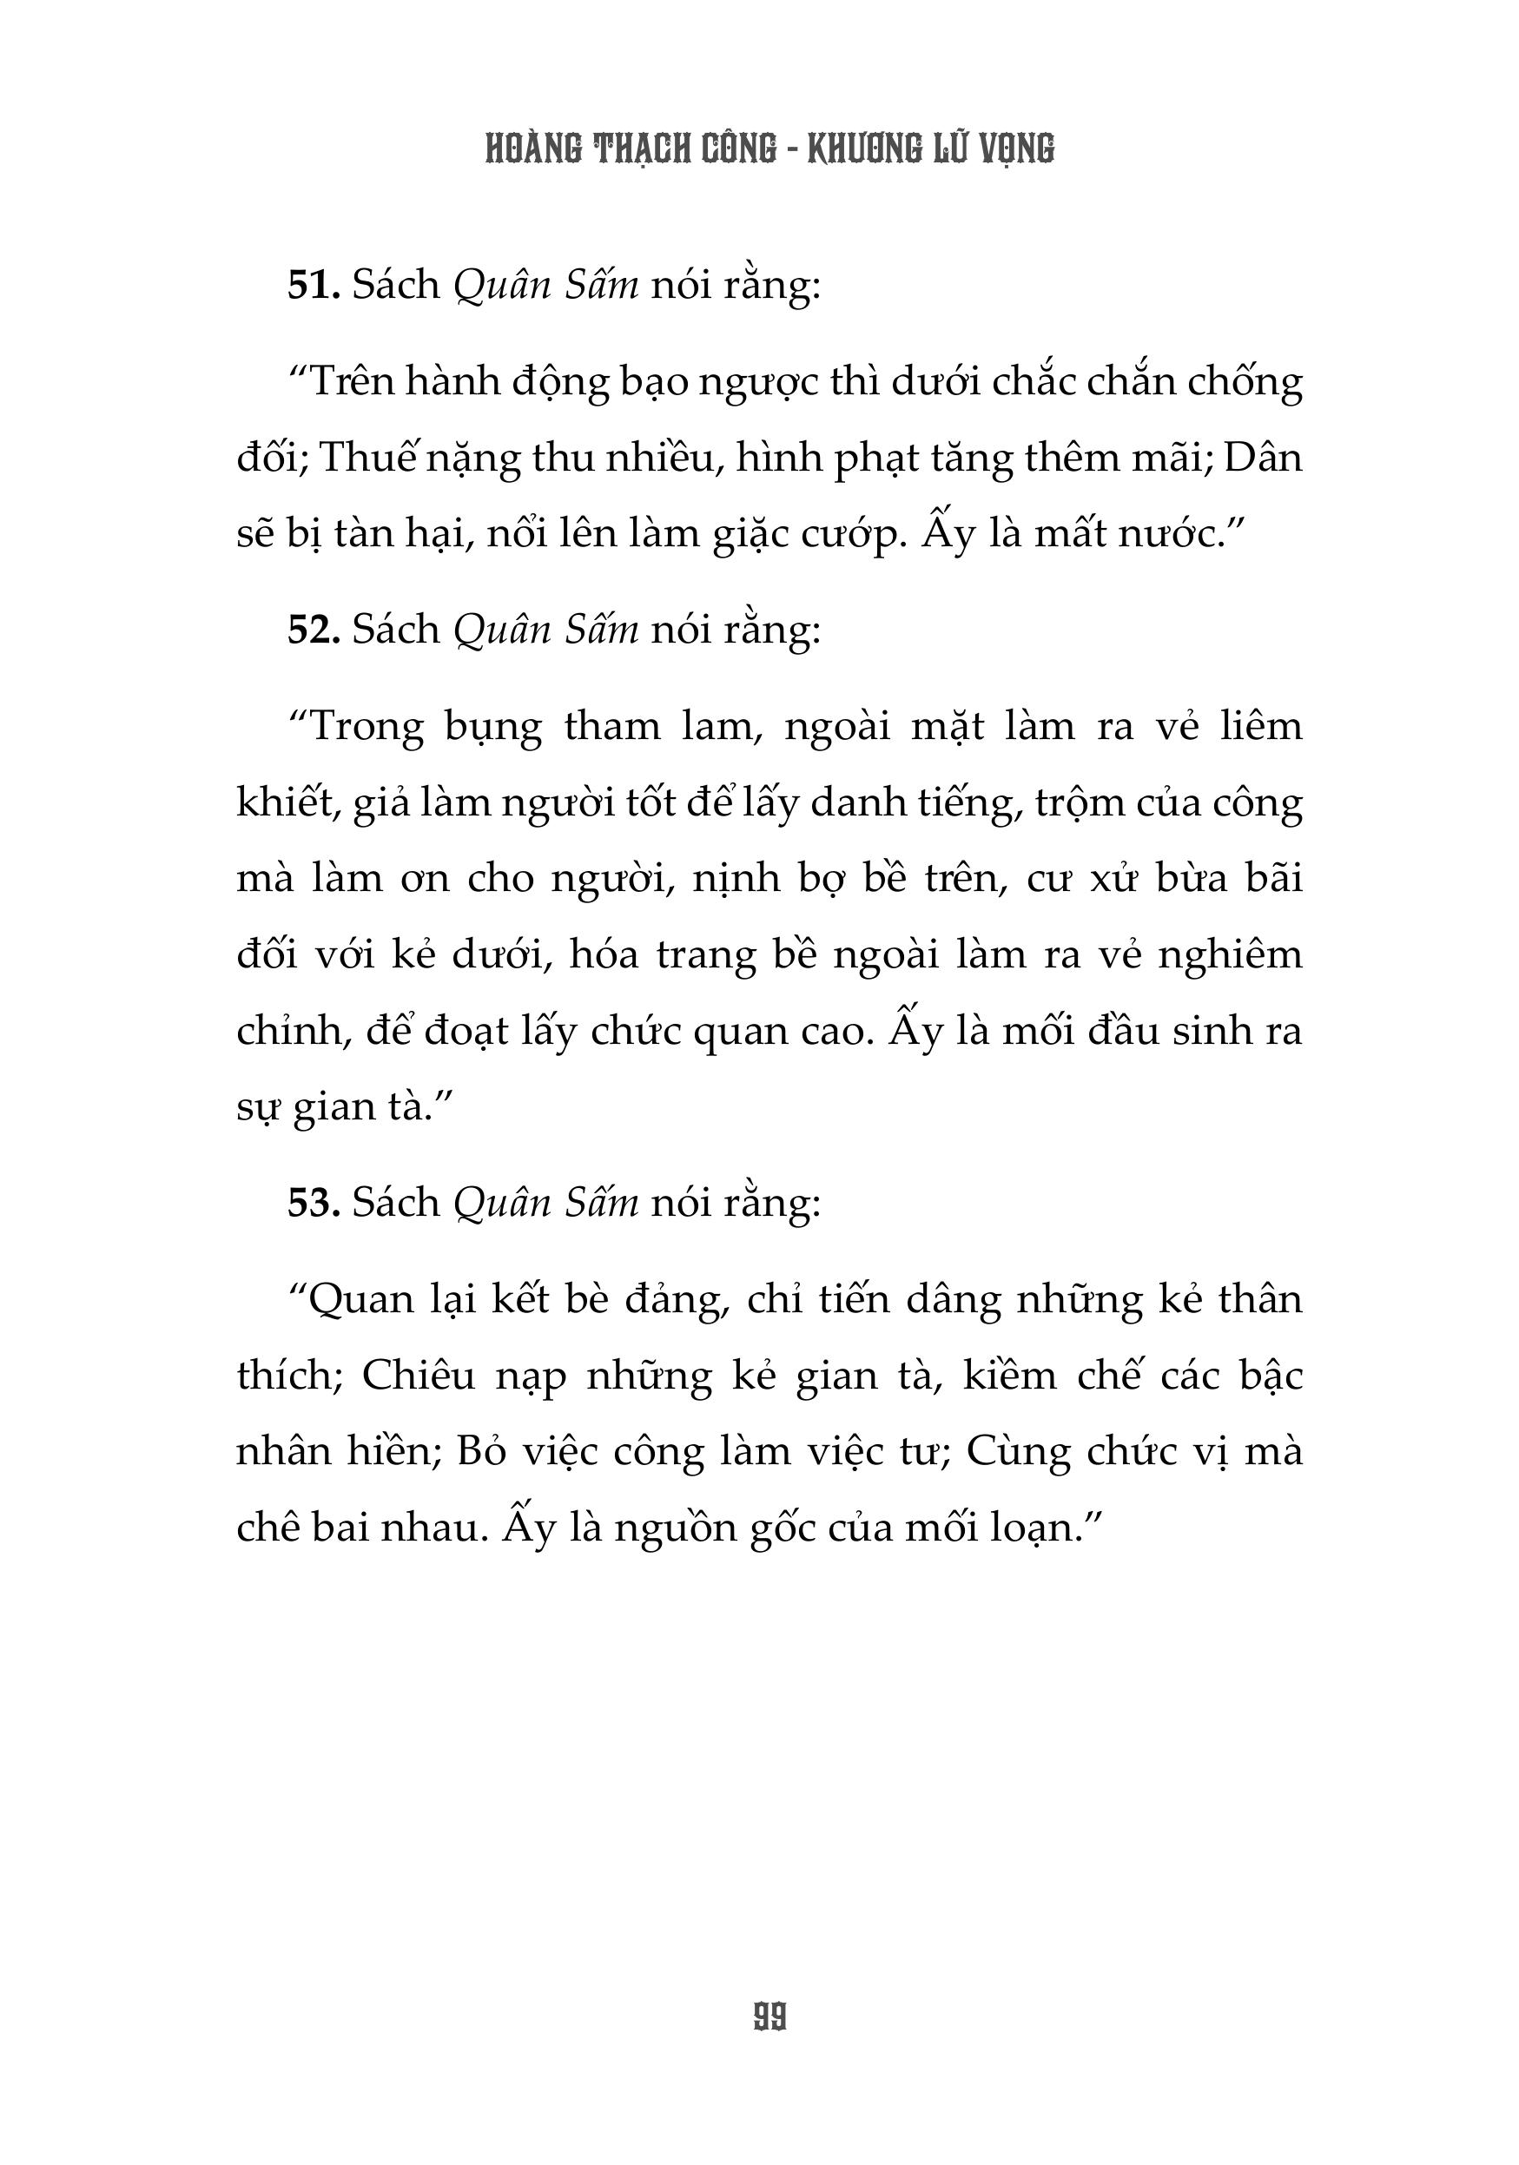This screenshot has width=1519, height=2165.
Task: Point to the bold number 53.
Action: [313, 1202]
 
